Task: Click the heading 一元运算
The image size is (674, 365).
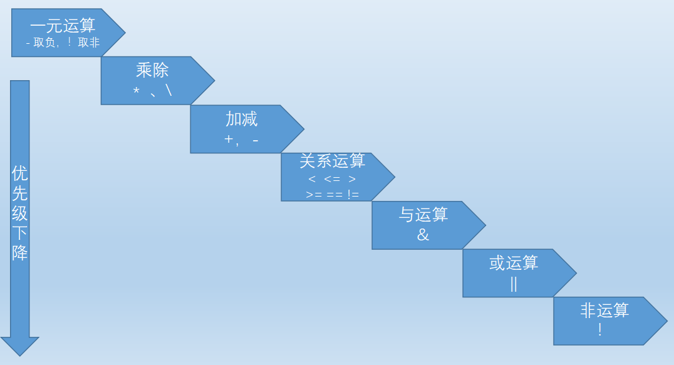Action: (63, 25)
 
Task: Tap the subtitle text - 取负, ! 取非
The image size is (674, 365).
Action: (63, 42)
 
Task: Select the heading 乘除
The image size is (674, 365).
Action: (152, 70)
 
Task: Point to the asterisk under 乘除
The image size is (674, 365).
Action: (137, 91)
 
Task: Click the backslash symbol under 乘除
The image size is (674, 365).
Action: (168, 90)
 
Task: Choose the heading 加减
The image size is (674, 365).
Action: (242, 119)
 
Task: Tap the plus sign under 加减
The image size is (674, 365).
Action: (229, 139)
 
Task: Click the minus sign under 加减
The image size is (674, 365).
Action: (256, 140)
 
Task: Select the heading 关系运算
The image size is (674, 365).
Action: (332, 161)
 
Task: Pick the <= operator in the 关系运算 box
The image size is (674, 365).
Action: (332, 178)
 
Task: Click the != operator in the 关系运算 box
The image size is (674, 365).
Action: (353, 195)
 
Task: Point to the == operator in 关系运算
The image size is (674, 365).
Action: (334, 195)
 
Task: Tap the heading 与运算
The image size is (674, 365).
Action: (423, 214)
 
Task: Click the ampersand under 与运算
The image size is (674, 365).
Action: (423, 234)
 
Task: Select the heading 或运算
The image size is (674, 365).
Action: (514, 263)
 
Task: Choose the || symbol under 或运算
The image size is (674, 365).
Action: (514, 284)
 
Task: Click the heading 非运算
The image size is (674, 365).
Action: (605, 310)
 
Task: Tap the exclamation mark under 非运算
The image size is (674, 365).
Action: (599, 330)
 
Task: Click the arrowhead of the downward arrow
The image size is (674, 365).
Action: (20, 346)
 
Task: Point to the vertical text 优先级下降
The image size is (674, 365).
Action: (20, 213)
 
